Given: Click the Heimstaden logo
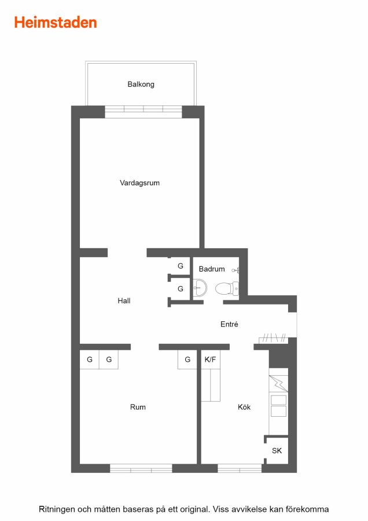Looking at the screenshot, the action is (x=56, y=23).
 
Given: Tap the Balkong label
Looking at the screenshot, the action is (x=141, y=85).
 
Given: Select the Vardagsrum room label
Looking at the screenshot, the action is (x=139, y=183).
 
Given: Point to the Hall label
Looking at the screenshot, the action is (x=124, y=300).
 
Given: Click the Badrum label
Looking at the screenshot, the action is (x=212, y=269).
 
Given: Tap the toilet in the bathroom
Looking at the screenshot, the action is (x=227, y=288).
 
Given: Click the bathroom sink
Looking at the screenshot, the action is (x=200, y=288).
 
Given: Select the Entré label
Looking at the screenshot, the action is (x=229, y=324).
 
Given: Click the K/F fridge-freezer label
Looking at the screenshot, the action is (x=210, y=359).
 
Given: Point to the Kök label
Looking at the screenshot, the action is (x=244, y=407).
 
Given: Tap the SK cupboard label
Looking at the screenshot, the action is (x=277, y=450).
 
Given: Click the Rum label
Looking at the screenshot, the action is (x=138, y=407).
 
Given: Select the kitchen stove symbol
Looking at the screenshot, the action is (x=278, y=383).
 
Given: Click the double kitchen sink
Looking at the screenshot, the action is (x=278, y=406).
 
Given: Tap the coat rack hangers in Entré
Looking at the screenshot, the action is (x=273, y=338).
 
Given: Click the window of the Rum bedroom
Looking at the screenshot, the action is (x=141, y=468).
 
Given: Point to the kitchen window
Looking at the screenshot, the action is (x=240, y=468).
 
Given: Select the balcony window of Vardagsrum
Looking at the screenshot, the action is (x=143, y=112).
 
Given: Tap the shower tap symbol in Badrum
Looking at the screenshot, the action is (x=236, y=270).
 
